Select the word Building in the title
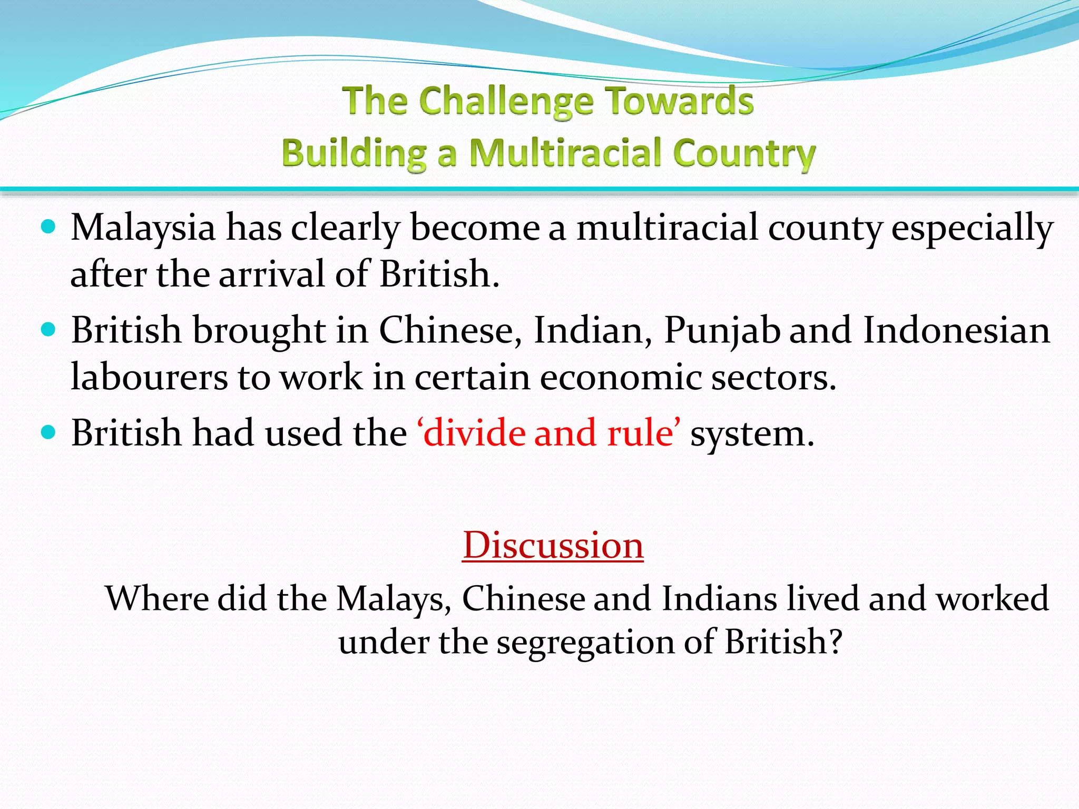[354, 153]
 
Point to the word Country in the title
[744, 154]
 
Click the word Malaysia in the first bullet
[143, 229]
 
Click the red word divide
[474, 433]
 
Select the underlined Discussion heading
[553, 545]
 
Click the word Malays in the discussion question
[394, 599]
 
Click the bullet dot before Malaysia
[48, 228]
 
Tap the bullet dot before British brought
[48, 330]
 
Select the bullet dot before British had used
[48, 433]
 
